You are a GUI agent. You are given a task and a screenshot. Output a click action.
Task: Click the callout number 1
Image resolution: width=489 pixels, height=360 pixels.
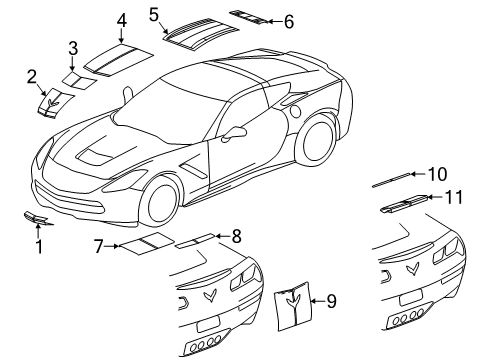tap(40, 244)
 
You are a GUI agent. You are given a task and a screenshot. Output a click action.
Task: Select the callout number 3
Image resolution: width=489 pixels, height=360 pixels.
tap(72, 47)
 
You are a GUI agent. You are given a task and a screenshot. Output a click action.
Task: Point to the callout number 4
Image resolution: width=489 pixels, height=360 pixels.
tap(120, 20)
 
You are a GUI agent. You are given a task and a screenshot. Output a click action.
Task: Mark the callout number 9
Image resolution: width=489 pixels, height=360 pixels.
tap(331, 298)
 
